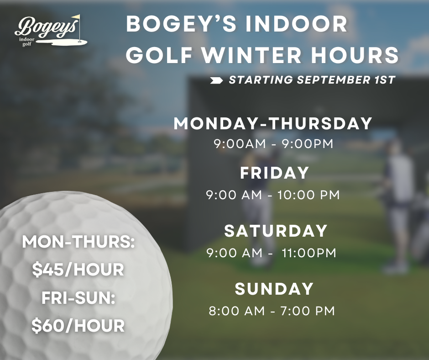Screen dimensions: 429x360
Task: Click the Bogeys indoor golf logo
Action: tap(51, 31)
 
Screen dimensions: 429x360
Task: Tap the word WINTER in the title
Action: tap(252, 55)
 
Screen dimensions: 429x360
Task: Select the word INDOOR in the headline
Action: tap(297, 24)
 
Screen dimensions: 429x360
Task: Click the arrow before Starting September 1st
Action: tap(216, 80)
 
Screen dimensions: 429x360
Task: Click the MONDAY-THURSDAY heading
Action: tap(273, 123)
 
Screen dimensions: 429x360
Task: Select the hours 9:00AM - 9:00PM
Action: tap(273, 144)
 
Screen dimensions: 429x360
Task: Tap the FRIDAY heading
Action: tap(274, 173)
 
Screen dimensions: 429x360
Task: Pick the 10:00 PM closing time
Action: tap(309, 195)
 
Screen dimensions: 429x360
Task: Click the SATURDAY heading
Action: tap(276, 231)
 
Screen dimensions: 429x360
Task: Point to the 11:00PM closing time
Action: tap(309, 253)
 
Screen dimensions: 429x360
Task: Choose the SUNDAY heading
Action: tap(274, 289)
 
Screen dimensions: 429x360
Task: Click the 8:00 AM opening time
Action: tap(237, 311)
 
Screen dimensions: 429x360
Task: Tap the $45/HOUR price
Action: tap(78, 270)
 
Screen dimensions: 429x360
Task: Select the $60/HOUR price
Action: tap(78, 326)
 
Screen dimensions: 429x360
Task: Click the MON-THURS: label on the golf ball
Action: tap(78, 242)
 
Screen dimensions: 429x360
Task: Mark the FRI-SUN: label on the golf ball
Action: tap(78, 298)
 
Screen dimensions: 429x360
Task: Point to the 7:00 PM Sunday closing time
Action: tap(308, 311)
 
